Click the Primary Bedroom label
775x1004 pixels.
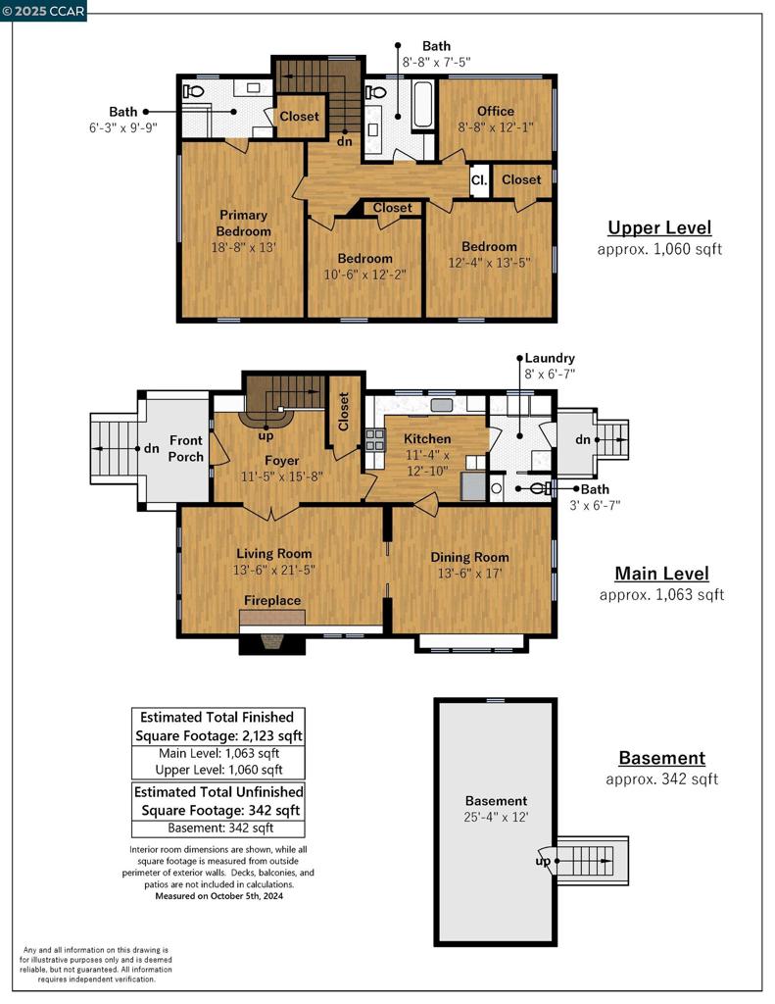[244, 223]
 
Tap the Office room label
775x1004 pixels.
[495, 111]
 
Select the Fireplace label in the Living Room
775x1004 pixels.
[272, 600]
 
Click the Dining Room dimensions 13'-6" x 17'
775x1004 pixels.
[470, 574]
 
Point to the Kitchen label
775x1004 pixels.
[428, 438]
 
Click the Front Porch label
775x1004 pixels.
[186, 449]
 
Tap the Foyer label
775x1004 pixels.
[281, 460]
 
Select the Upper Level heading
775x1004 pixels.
[659, 227]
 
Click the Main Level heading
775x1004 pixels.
[661, 574]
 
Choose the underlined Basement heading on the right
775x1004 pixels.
[661, 758]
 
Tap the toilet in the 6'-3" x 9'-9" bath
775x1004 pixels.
[194, 92]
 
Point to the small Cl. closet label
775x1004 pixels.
[479, 180]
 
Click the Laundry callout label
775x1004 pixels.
[550, 358]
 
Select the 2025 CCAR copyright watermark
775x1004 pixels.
[44, 11]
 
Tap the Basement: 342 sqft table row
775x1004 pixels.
[218, 828]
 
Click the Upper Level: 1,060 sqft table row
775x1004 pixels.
[218, 770]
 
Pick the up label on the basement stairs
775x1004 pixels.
[543, 862]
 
